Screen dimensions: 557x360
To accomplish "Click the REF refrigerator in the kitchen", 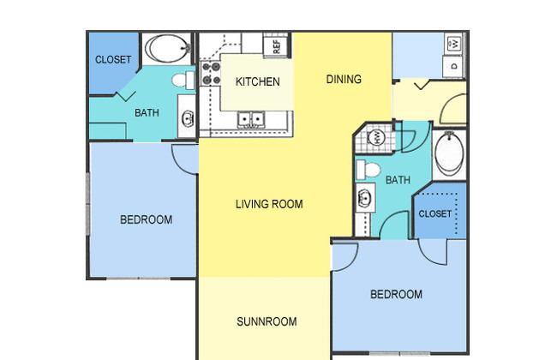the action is [277, 45].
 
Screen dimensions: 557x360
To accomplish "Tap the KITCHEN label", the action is [258, 81].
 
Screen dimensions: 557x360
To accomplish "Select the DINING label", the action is [344, 79].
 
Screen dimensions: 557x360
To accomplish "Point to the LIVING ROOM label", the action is [269, 204].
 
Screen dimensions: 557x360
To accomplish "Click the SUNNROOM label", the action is [267, 321].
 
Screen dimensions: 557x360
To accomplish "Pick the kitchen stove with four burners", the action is [211, 73].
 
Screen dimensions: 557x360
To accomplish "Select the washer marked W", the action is [455, 44].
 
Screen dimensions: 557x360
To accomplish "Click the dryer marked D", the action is [453, 67].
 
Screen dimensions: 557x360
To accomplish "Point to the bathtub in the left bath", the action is [168, 48].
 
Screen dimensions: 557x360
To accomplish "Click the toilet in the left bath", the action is [183, 81].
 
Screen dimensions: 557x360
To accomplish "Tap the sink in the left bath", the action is [187, 118].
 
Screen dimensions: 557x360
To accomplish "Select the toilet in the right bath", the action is [368, 170].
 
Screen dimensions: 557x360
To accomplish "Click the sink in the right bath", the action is [365, 198].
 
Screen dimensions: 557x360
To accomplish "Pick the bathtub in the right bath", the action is [449, 154].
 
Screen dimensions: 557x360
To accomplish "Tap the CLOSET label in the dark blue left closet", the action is [113, 59].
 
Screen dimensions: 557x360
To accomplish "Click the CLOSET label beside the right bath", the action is [435, 213].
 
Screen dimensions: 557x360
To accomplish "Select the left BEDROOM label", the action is [146, 219].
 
